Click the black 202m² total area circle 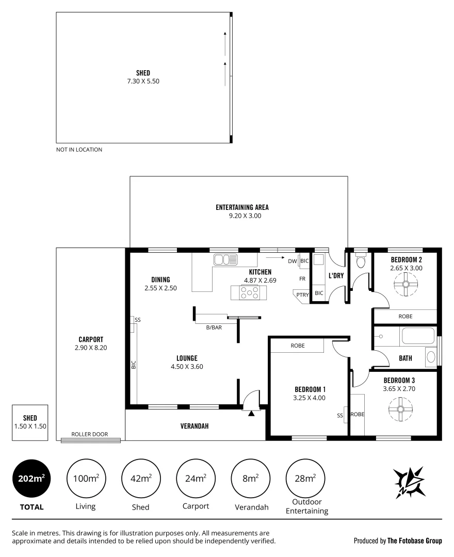point(31,479)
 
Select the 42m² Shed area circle point(140,479)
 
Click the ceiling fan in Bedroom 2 point(406,284)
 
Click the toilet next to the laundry point(361,260)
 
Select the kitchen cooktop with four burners point(249,292)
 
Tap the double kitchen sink point(225,259)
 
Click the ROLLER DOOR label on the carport point(90,434)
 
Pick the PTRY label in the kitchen point(302,295)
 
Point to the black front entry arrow point(251,412)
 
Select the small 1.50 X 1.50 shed point(30,422)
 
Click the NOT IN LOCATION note point(79,150)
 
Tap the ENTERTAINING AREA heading point(242,207)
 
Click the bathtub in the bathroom point(418,338)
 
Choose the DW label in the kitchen point(292,261)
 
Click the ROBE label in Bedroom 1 point(297,346)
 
